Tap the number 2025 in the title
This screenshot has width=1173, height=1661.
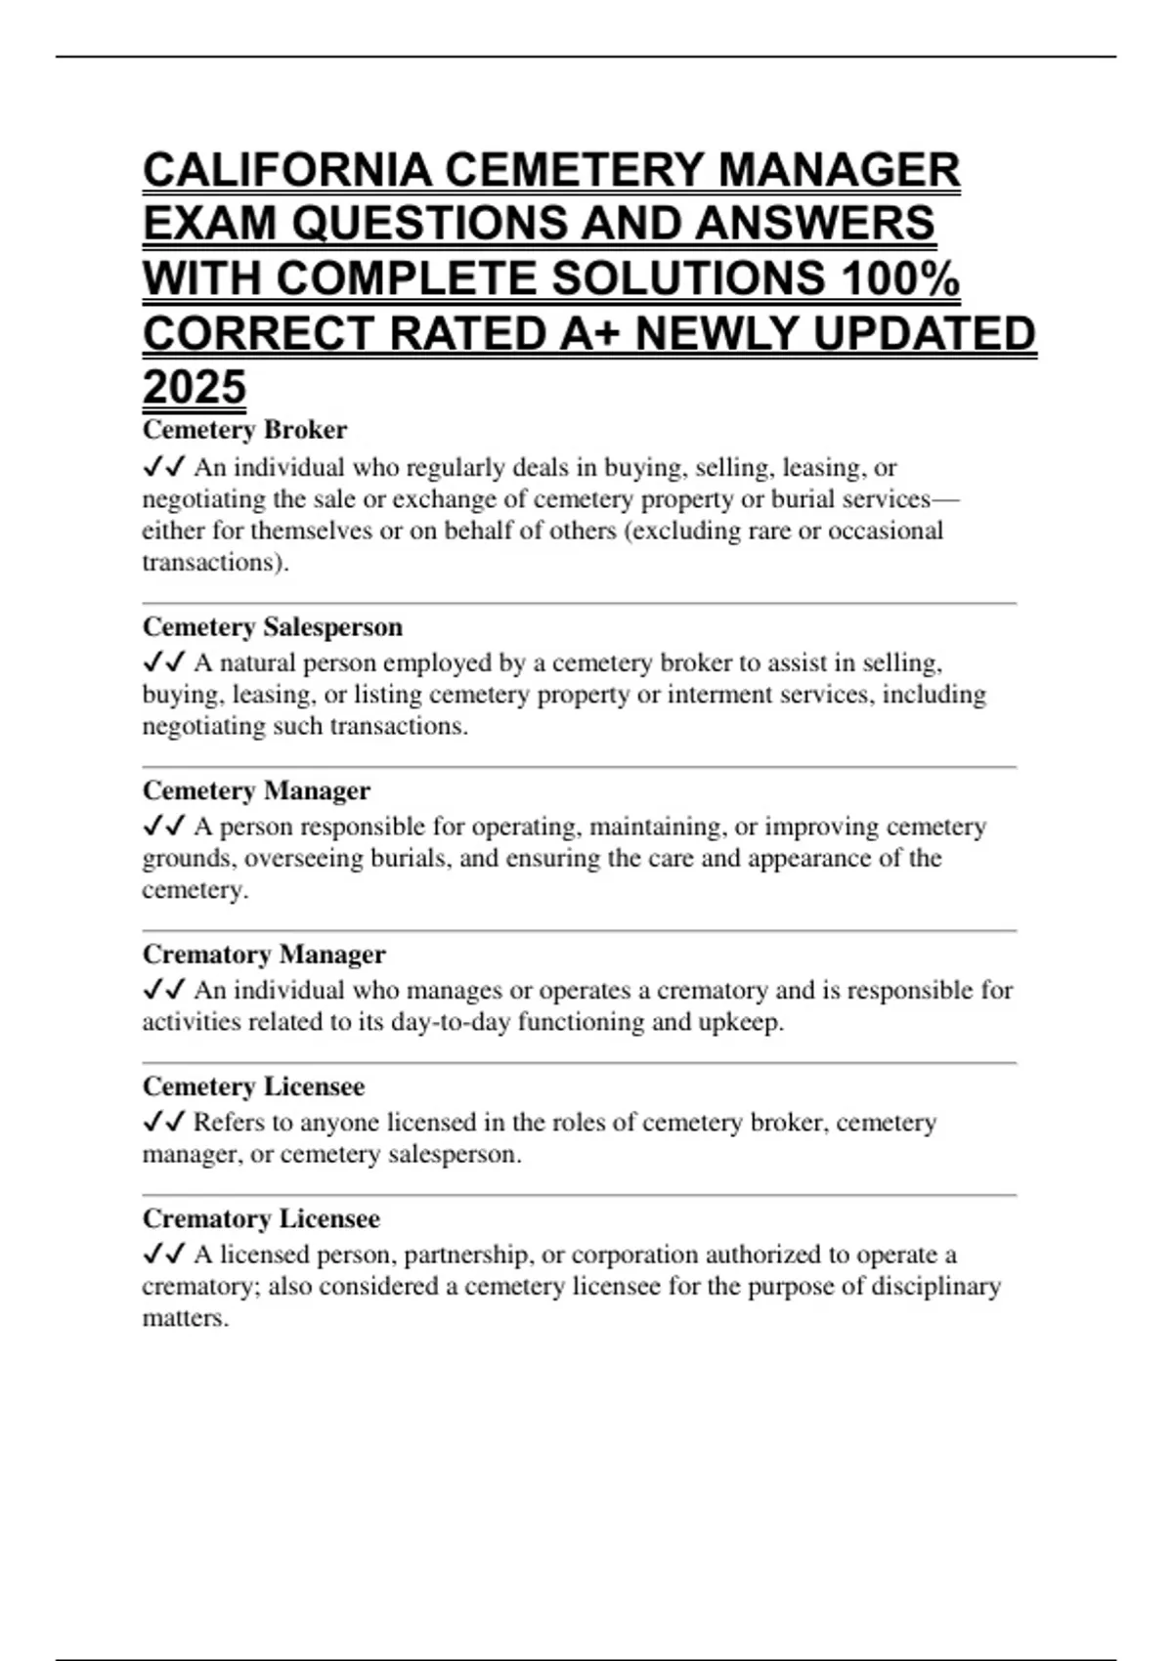(x=195, y=387)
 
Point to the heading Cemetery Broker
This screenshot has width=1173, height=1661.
(x=244, y=430)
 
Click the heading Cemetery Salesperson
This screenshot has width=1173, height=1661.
(x=273, y=626)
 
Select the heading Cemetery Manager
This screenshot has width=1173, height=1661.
(x=256, y=790)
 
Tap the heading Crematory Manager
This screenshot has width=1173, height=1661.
(x=264, y=954)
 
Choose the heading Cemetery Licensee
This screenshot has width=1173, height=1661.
(x=253, y=1086)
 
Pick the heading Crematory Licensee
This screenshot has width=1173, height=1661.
(x=261, y=1218)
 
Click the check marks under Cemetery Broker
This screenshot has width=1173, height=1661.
(x=163, y=467)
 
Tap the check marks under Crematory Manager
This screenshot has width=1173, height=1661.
(x=163, y=990)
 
